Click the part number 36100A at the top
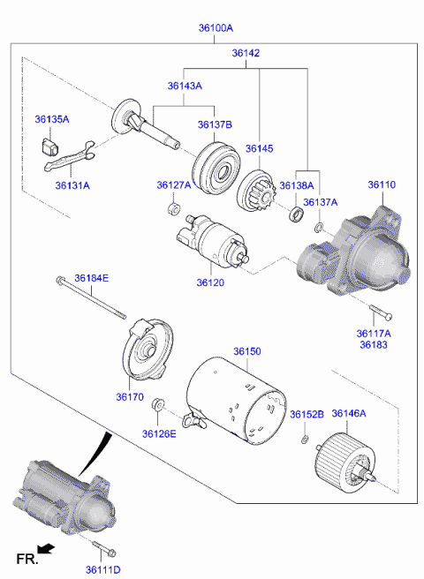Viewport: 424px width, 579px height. coord(216,28)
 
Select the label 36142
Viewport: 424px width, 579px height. coord(246,53)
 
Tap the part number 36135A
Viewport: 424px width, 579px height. coord(52,119)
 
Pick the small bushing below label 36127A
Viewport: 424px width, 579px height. coord(173,208)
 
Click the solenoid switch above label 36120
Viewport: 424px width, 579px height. coord(212,241)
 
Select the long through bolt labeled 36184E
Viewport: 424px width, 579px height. coord(91,297)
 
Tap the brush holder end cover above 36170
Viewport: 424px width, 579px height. coord(148,349)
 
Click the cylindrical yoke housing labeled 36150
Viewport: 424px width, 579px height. coord(237,401)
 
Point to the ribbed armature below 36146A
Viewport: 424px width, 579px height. coord(345,464)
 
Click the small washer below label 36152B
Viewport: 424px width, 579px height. coord(305,440)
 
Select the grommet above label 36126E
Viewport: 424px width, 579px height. coord(157,404)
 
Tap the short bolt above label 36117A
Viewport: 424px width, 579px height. coord(380,312)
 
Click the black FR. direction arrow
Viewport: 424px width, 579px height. coord(47,549)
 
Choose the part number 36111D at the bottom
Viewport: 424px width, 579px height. coord(103,570)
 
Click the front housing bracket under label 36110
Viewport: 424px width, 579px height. coord(354,253)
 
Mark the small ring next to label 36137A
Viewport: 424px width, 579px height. coord(318,228)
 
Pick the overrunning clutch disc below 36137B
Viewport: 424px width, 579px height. coord(216,168)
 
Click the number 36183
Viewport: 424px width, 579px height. coord(374,345)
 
